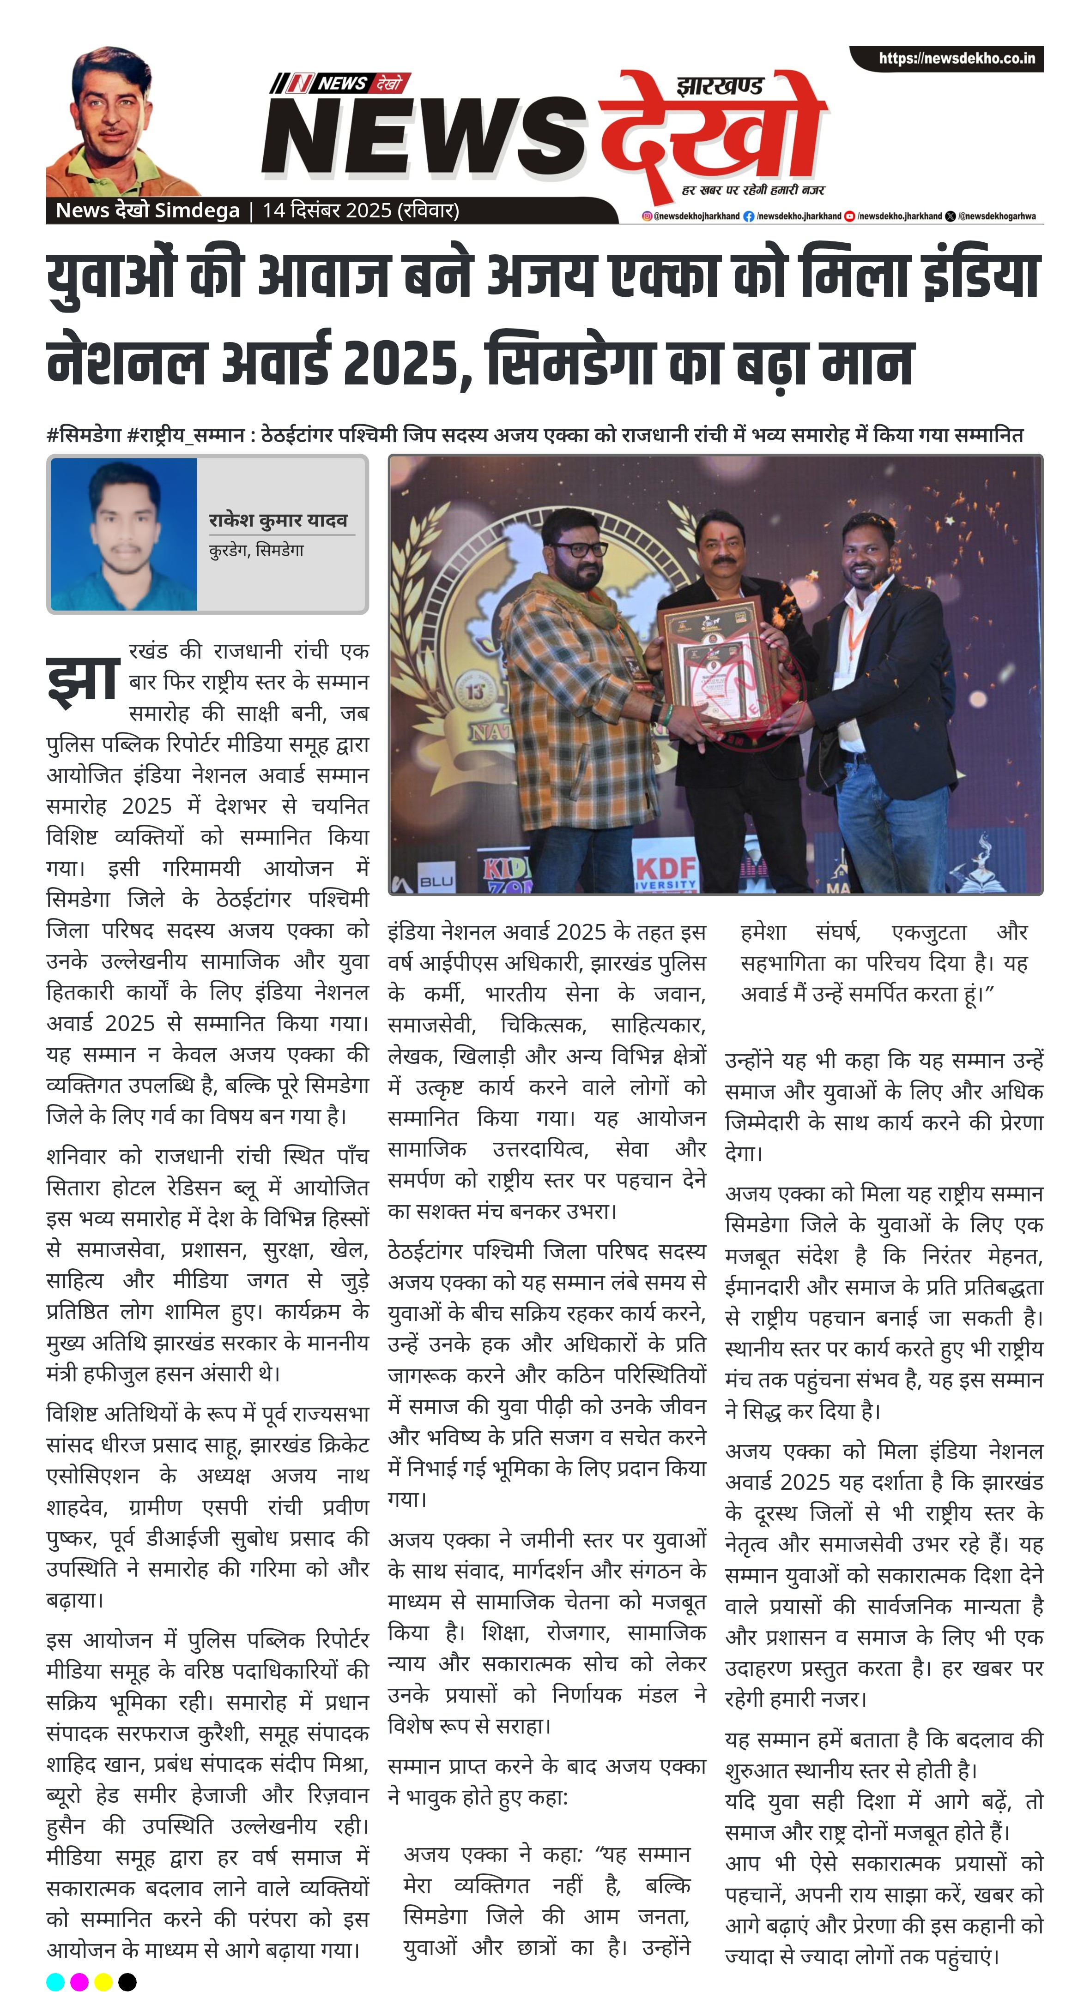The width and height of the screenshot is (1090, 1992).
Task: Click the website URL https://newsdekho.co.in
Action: click(x=956, y=59)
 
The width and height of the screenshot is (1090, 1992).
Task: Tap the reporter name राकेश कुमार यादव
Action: click(x=278, y=520)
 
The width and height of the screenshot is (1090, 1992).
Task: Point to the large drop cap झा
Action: click(x=82, y=680)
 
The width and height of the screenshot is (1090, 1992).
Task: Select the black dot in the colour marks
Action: click(x=127, y=1981)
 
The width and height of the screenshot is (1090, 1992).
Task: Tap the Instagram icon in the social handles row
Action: click(x=647, y=216)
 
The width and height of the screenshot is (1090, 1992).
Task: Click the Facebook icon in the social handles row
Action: click(x=748, y=216)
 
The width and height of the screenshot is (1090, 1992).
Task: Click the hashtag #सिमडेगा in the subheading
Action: click(x=84, y=435)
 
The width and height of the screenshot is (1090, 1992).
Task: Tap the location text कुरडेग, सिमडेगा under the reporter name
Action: click(x=256, y=551)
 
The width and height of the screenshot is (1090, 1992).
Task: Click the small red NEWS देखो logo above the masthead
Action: click(x=340, y=83)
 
